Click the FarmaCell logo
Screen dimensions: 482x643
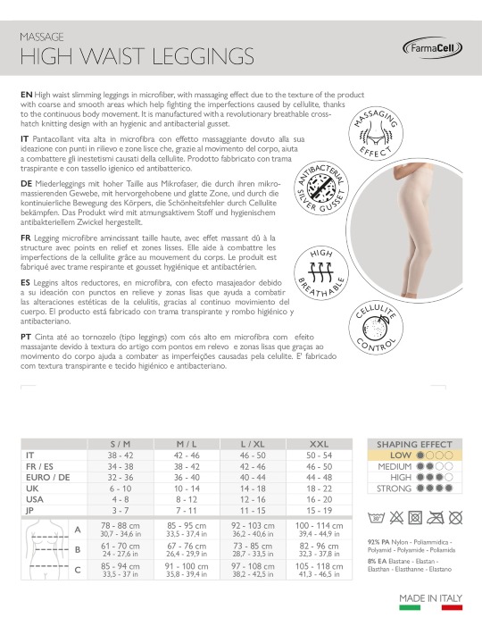point(432,49)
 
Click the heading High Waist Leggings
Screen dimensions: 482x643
point(137,56)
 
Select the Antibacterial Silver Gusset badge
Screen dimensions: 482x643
point(321,188)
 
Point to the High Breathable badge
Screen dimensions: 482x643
point(321,273)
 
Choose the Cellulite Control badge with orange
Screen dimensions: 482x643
point(376,328)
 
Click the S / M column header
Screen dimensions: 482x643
point(120,444)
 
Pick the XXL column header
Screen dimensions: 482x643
point(319,444)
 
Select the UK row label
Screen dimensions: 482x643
point(32,489)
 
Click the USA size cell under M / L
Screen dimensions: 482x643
point(187,499)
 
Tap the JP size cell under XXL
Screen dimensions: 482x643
point(319,511)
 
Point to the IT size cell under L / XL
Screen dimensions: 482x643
point(253,455)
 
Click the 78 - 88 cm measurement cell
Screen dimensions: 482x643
point(120,526)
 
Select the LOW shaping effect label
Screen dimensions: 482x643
point(401,455)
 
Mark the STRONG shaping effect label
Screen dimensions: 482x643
point(394,489)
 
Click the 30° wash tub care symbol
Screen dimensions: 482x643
point(376,517)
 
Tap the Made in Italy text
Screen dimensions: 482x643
point(431,598)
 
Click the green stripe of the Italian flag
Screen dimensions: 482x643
point(410,608)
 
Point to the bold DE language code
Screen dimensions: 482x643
point(26,184)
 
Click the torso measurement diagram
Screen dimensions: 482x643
point(46,549)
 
